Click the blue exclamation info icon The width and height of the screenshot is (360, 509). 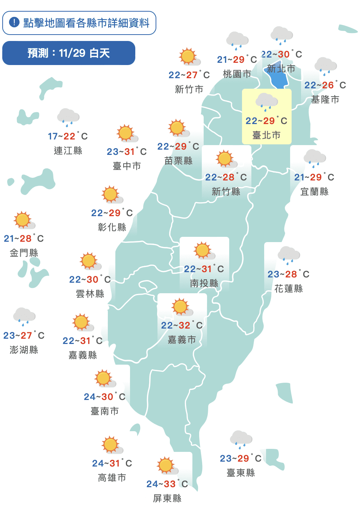pos(14,23)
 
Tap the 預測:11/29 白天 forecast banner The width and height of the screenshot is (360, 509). pos(69,53)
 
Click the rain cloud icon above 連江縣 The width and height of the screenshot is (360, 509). pos(68,117)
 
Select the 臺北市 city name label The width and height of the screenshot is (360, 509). pos(266,135)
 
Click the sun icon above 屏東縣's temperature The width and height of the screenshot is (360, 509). pos(166,465)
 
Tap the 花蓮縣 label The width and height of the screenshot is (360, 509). pos(289,288)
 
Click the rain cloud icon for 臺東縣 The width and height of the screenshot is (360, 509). pos(241,439)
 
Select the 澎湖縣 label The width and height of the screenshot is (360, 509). pos(24,350)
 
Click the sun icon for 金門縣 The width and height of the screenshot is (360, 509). pos(23,220)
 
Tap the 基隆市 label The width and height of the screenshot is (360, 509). pos(325,99)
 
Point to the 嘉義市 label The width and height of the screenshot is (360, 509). pos(182,339)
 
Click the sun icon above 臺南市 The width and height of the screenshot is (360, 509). pos(104,378)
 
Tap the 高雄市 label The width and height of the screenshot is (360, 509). pos(112,477)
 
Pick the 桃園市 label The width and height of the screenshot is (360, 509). pos(237,74)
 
